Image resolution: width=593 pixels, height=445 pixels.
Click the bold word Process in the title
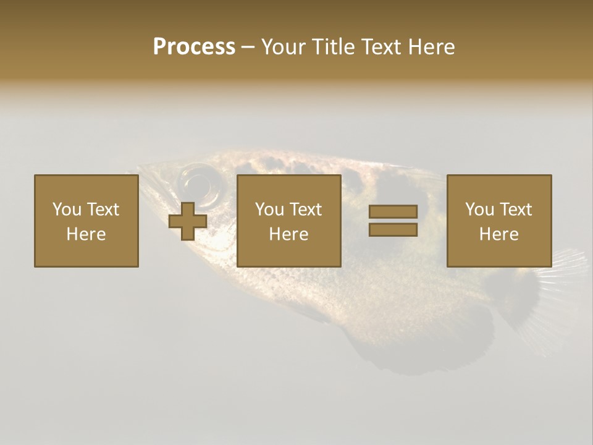(194, 47)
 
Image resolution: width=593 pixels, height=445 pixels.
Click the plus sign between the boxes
(188, 221)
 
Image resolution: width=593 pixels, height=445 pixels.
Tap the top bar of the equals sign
(393, 212)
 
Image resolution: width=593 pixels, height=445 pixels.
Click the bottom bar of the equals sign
(393, 230)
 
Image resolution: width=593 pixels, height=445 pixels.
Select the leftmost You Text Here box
(86, 221)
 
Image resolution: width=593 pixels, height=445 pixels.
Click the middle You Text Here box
(288, 221)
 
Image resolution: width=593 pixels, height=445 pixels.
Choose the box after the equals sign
(499, 221)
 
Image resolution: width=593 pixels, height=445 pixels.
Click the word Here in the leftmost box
(86, 234)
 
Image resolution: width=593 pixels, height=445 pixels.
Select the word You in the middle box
(269, 210)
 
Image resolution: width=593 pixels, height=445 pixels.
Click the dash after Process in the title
(248, 47)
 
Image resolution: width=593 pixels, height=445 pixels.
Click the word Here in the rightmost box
(499, 234)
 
